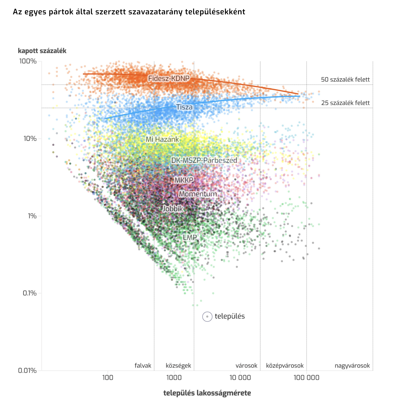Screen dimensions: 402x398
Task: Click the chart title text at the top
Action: (x=129, y=12)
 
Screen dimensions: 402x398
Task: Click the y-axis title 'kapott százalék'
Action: (x=42, y=51)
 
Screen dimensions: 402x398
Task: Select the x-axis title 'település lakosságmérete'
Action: (x=207, y=393)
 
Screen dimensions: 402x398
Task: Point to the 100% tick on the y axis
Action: (x=28, y=61)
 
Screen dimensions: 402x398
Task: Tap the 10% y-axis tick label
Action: (x=30, y=139)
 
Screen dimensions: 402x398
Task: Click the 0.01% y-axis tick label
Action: (x=27, y=370)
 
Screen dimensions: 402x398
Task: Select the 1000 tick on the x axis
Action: (x=174, y=378)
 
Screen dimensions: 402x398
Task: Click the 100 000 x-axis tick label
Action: (x=306, y=378)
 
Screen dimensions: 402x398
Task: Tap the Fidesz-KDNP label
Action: (x=169, y=79)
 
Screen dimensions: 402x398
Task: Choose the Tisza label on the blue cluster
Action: (x=184, y=107)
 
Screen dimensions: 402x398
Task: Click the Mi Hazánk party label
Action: (x=162, y=140)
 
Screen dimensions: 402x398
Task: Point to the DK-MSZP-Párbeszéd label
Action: (x=204, y=160)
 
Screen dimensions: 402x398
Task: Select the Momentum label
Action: (x=198, y=194)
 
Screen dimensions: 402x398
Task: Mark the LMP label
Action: (x=190, y=238)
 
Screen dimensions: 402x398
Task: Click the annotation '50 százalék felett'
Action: (x=345, y=80)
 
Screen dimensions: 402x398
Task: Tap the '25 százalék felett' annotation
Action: (x=345, y=103)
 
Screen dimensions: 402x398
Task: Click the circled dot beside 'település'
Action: (x=207, y=316)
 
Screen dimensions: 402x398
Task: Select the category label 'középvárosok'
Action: (x=285, y=366)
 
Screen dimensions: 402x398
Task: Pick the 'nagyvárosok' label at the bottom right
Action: (x=352, y=366)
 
